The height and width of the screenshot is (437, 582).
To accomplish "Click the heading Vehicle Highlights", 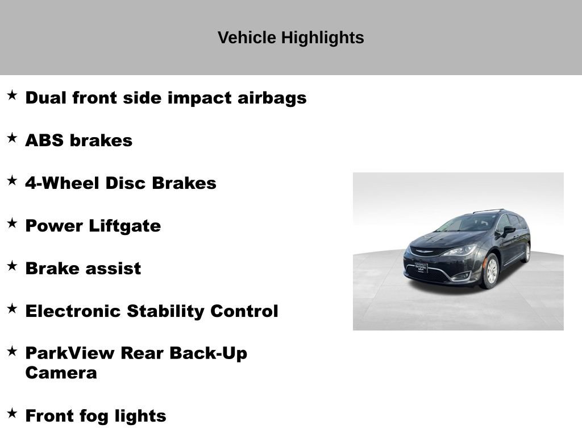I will tap(290, 38).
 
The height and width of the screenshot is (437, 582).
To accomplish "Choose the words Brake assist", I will tap(83, 269).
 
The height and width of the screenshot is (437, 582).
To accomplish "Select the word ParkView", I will tap(69, 353).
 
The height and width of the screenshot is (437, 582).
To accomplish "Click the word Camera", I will tap(61, 373).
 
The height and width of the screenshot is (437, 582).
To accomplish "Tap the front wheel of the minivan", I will tap(490, 271).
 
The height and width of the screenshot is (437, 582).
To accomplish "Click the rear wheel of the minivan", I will tap(526, 252).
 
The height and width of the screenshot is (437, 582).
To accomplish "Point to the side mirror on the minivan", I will tap(508, 230).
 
